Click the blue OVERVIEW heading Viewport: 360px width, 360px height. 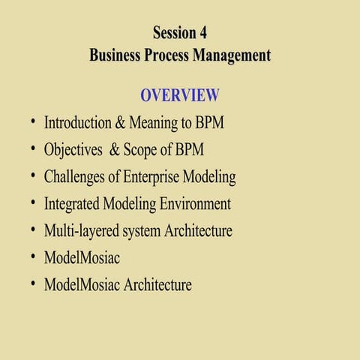[x=180, y=95]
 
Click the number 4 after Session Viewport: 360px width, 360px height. [x=202, y=32]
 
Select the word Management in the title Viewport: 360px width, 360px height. [x=229, y=55]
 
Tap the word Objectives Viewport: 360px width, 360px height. [x=73, y=149]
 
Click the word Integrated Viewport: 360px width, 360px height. [x=73, y=204]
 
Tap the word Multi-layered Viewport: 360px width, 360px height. [x=82, y=231]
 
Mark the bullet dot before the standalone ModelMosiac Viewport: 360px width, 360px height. [x=34, y=256]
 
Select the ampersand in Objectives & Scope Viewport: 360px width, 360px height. [x=115, y=149]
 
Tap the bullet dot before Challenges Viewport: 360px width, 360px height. [x=34, y=175]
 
